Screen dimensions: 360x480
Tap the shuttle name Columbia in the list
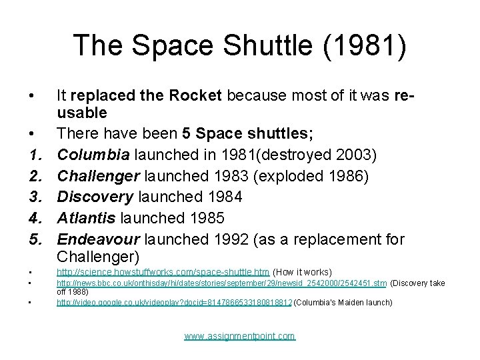pos(93,155)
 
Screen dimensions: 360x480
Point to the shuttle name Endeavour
pos(99,239)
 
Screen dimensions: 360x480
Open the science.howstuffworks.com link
pos(163,273)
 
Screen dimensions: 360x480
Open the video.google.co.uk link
pos(174,303)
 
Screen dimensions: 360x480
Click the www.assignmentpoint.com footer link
pos(239,336)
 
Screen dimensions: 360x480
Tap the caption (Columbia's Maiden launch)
pos(343,303)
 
